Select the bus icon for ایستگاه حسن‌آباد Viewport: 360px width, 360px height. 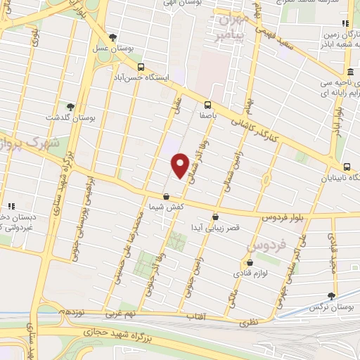(x=141, y=68)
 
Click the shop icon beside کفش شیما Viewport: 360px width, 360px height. (x=166, y=197)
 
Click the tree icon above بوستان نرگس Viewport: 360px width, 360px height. (x=332, y=297)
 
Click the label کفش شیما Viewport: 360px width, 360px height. (x=166, y=207)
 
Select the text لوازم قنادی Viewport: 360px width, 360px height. (x=240, y=271)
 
